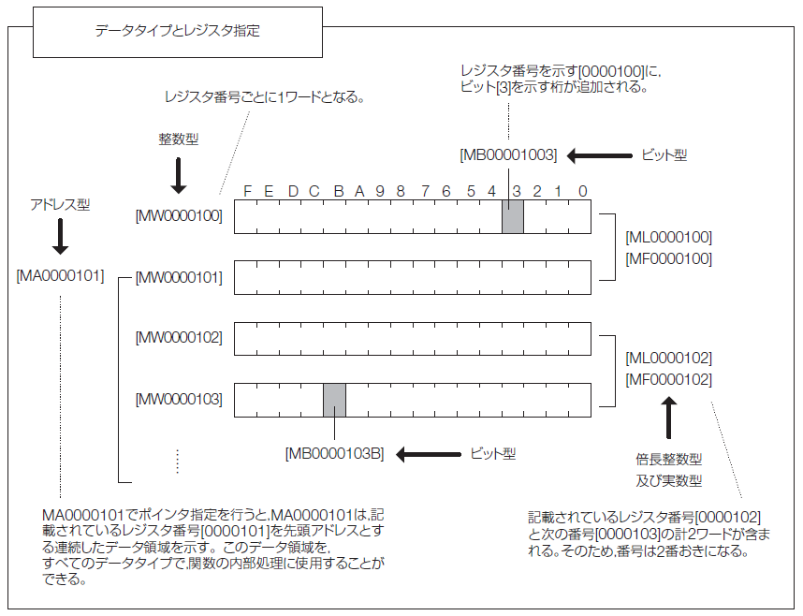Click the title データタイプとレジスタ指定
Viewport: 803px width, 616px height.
(x=178, y=31)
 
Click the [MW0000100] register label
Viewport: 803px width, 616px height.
(x=179, y=216)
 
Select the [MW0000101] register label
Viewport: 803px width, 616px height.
(x=179, y=277)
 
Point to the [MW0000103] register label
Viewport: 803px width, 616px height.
(x=179, y=400)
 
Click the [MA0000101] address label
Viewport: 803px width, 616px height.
(x=60, y=277)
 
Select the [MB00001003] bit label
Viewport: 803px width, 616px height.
(x=508, y=155)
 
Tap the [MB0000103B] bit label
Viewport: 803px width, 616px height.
(x=334, y=454)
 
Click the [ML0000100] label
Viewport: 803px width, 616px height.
(x=668, y=238)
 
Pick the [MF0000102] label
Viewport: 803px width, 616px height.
(x=668, y=380)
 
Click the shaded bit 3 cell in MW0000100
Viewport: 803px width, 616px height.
(x=512, y=216)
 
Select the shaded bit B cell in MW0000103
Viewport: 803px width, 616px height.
(x=334, y=400)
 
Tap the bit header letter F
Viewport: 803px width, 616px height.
(x=247, y=191)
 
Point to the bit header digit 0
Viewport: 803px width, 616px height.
(x=582, y=191)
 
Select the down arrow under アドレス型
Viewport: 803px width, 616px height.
(x=60, y=238)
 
